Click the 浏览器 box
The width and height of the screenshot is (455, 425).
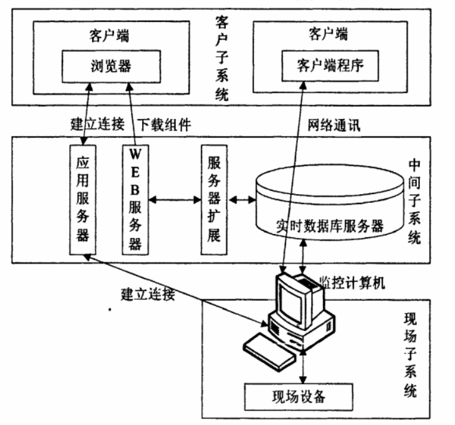(x=104, y=65)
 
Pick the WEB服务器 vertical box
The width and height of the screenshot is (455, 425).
(x=135, y=199)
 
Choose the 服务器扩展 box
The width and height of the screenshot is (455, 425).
(x=213, y=199)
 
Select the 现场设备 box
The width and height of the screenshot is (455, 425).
(x=299, y=396)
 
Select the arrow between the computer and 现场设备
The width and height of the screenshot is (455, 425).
(x=304, y=366)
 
